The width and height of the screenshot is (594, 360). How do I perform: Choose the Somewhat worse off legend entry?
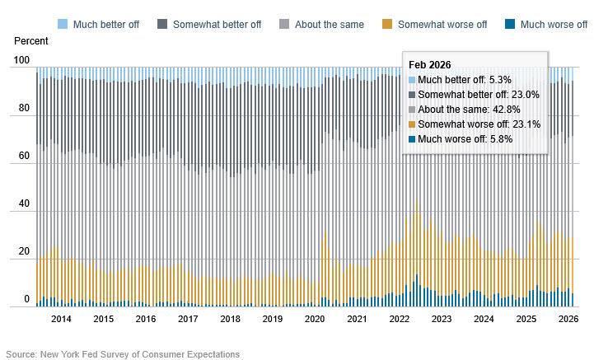(442, 25)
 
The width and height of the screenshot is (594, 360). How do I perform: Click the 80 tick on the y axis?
(24, 109)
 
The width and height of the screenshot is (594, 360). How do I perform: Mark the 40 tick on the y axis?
(24, 204)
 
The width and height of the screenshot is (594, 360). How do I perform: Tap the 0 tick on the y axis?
(27, 300)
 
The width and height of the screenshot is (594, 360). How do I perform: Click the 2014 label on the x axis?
(61, 319)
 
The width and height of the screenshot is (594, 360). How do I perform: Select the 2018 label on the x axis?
(230, 319)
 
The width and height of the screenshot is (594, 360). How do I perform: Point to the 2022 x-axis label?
(399, 319)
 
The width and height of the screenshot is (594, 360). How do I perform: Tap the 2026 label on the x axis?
(568, 319)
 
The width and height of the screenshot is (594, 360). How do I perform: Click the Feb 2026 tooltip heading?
(430, 65)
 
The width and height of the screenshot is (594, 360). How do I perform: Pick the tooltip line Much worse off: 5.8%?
(465, 139)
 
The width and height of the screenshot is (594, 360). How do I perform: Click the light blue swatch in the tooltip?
(413, 80)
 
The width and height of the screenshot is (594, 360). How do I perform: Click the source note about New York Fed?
(123, 354)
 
